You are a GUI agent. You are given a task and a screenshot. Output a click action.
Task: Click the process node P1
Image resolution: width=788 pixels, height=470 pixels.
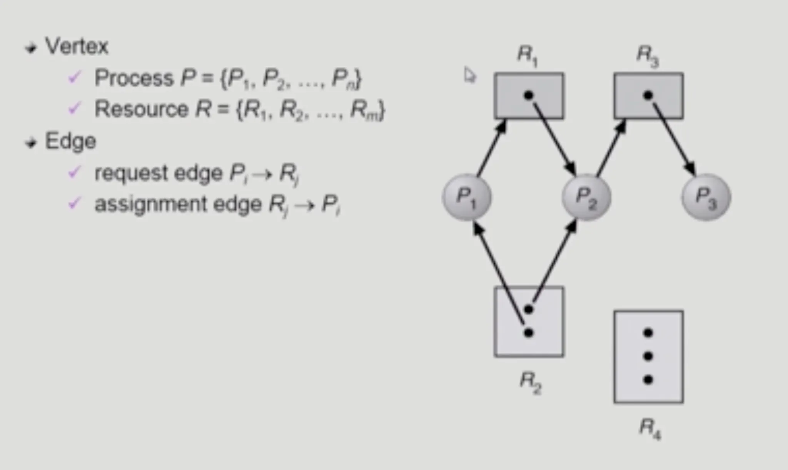click(467, 197)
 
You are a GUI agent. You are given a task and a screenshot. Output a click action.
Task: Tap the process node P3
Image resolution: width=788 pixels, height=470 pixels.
click(706, 197)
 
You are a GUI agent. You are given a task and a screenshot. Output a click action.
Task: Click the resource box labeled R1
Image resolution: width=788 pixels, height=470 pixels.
click(529, 96)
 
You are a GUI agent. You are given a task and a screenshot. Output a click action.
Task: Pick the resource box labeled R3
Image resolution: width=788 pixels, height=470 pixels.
click(648, 96)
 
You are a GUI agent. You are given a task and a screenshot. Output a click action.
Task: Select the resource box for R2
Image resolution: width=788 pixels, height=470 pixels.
click(529, 322)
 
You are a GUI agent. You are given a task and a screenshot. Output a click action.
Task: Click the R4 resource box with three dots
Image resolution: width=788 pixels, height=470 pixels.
click(648, 356)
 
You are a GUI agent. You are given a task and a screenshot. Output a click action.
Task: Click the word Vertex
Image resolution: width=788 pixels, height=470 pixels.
click(77, 47)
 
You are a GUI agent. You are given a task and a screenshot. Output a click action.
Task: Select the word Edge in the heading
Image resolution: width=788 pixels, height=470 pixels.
click(70, 141)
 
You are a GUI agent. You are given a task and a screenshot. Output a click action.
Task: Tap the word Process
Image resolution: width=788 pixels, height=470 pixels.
click(134, 78)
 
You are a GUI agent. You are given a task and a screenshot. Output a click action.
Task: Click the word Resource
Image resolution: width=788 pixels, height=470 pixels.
click(141, 109)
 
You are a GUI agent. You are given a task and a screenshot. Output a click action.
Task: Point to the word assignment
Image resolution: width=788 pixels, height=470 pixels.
click(151, 204)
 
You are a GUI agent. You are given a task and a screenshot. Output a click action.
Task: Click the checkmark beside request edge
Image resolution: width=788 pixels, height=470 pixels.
click(74, 172)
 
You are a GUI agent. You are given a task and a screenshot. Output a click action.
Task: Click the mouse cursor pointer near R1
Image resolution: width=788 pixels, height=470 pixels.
click(469, 75)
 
